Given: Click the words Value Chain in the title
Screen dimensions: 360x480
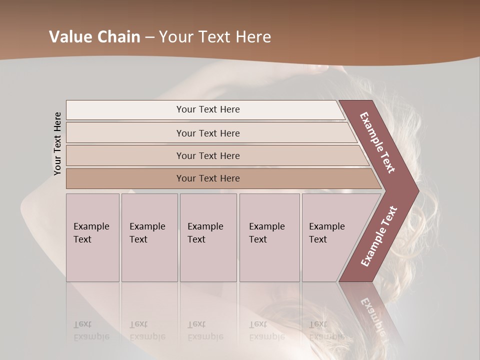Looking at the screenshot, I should click(94, 37).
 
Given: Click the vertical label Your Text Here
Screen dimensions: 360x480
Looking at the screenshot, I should click(57, 143).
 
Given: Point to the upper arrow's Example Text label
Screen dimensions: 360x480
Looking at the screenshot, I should click(377, 142).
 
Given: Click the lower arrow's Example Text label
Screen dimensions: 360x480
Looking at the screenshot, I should click(379, 236).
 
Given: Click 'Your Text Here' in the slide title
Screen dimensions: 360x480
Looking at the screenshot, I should click(215, 37).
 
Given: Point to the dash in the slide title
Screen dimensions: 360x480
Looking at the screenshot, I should click(149, 37).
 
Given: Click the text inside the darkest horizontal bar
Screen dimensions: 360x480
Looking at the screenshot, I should click(208, 178).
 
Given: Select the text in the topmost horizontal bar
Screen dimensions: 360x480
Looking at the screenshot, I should click(208, 109).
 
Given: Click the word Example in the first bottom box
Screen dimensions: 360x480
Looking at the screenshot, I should click(91, 226).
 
